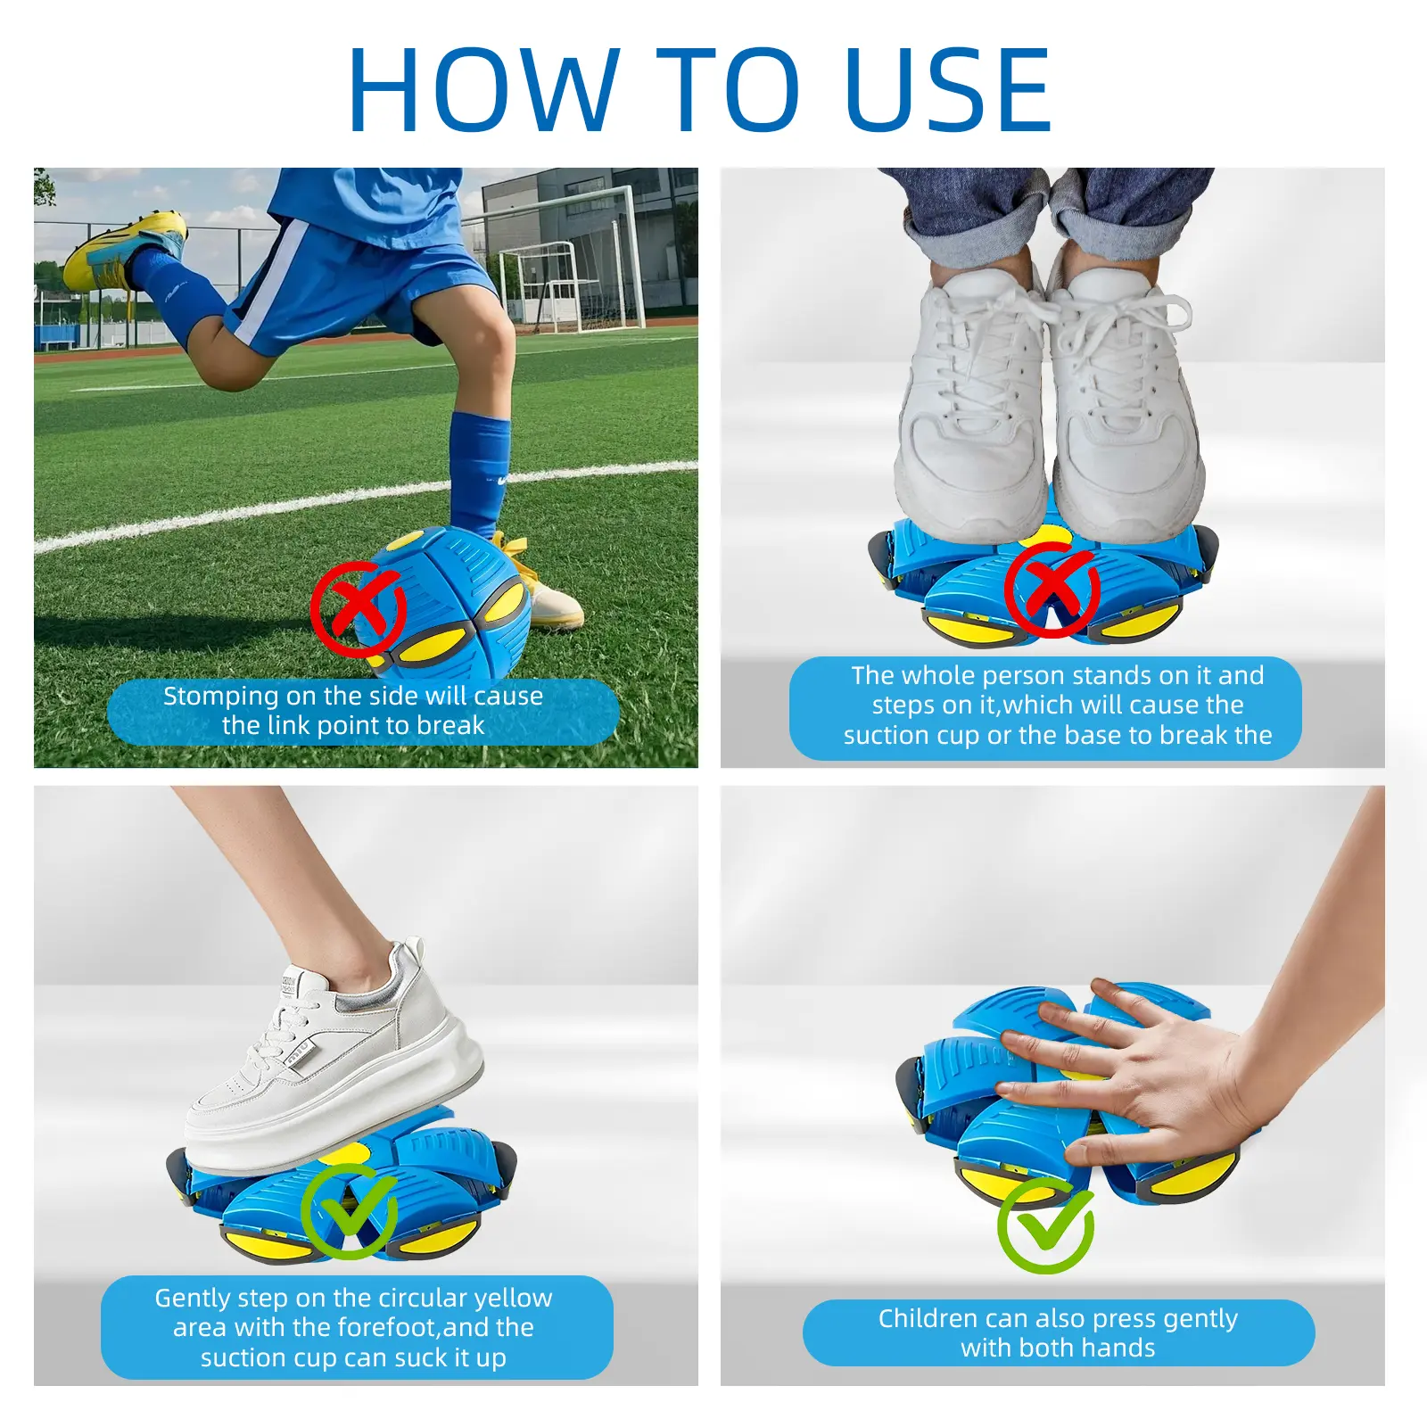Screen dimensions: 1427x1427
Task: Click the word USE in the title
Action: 948,89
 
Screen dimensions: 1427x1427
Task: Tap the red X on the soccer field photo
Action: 359,610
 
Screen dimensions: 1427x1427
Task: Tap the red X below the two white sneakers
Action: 1052,590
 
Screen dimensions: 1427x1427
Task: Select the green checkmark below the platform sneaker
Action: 349,1210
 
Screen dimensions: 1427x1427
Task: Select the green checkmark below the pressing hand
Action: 1045,1225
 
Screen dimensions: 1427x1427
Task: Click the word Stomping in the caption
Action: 220,697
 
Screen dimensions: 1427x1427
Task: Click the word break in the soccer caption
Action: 450,725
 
